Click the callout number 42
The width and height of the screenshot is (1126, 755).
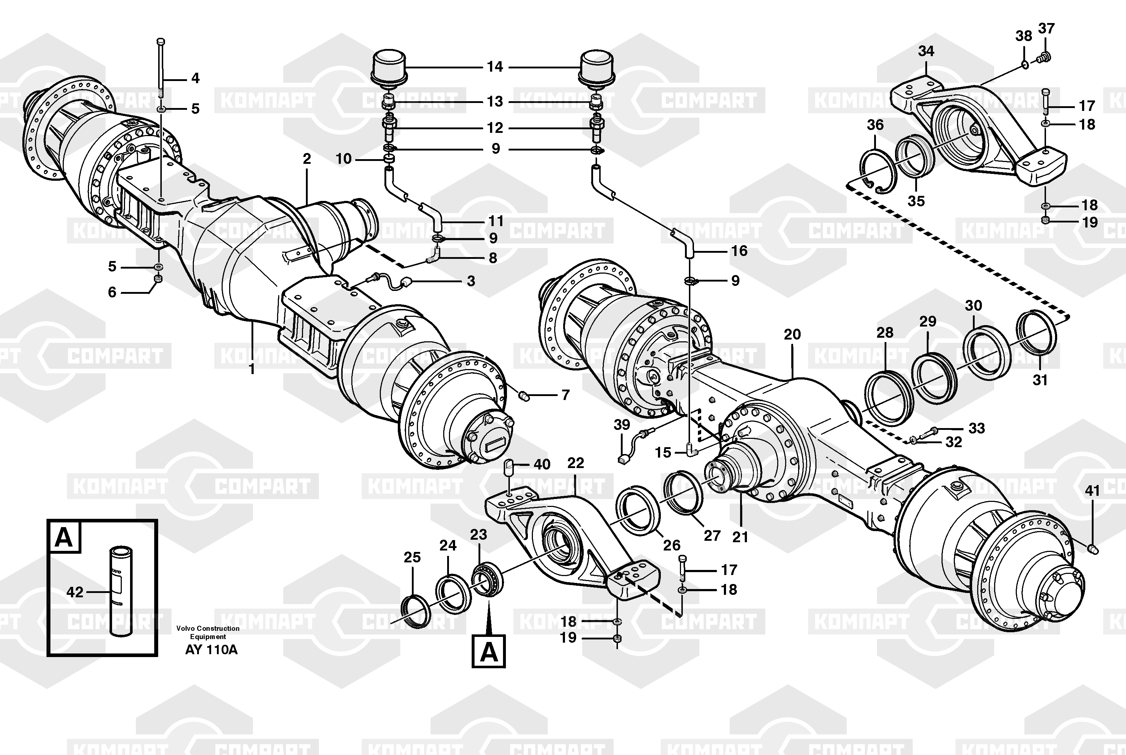point(75,592)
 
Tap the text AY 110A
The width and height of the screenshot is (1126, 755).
point(211,650)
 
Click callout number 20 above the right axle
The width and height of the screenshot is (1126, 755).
point(792,334)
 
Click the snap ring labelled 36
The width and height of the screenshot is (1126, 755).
point(878,171)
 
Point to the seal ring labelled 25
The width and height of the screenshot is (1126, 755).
point(416,611)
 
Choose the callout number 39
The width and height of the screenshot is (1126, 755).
point(622,425)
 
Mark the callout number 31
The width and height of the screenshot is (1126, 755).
point(1040,380)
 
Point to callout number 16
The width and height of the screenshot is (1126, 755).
point(739,250)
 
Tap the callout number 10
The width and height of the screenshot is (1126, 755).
point(343,158)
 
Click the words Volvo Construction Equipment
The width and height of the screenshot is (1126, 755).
point(208,632)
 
